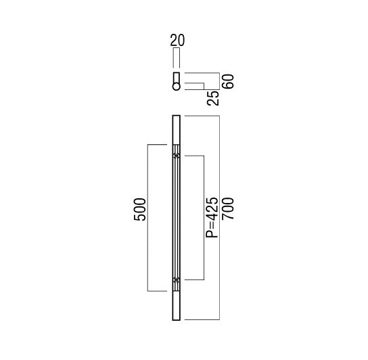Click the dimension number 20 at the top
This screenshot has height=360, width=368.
(177, 40)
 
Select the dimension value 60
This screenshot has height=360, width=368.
(229, 81)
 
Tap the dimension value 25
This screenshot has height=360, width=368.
(213, 98)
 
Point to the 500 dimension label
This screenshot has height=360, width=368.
(139, 210)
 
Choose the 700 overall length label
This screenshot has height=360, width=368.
(229, 208)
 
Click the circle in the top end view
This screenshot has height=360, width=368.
(177, 87)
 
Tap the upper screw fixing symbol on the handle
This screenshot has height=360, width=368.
(177, 156)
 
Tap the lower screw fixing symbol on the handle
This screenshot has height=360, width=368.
(177, 279)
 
